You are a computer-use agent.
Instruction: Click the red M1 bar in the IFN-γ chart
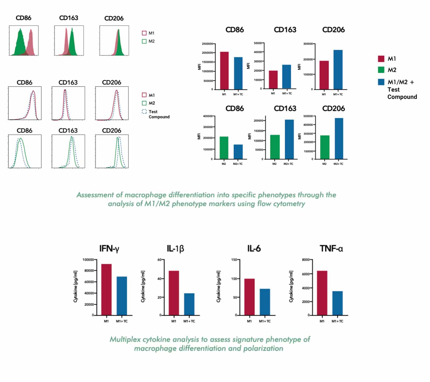pyautogui.click(x=106, y=290)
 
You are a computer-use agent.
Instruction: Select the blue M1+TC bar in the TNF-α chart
pyautogui.click(x=338, y=303)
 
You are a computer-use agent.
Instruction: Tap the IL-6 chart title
pyautogui.click(x=254, y=249)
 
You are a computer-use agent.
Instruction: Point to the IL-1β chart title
pyautogui.click(x=175, y=249)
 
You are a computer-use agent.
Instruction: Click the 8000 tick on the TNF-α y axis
pyautogui.click(x=305, y=260)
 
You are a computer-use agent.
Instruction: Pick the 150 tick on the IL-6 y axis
pyautogui.click(x=234, y=260)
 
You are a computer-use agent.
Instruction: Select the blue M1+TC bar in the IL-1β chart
pyautogui.click(x=189, y=304)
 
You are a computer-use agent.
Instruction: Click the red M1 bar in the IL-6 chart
pyautogui.click(x=250, y=297)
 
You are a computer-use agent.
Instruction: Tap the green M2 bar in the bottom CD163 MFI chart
pyautogui.click(x=275, y=147)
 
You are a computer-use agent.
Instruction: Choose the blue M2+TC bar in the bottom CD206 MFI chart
pyautogui.click(x=338, y=138)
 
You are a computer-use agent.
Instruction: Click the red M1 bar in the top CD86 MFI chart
pyautogui.click(x=224, y=70)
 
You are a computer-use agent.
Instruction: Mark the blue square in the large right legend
pyautogui.click(x=381, y=82)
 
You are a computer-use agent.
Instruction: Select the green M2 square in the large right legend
pyautogui.click(x=381, y=70)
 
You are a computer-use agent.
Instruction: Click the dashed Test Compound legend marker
pyautogui.click(x=144, y=112)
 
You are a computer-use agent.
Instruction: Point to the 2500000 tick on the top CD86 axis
pyautogui.click(x=207, y=44)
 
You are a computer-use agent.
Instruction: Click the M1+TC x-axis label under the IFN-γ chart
pyautogui.click(x=122, y=321)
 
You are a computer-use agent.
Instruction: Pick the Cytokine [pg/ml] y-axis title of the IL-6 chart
pyautogui.click(x=218, y=286)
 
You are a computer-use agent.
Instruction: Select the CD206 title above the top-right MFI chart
pyautogui.click(x=333, y=30)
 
